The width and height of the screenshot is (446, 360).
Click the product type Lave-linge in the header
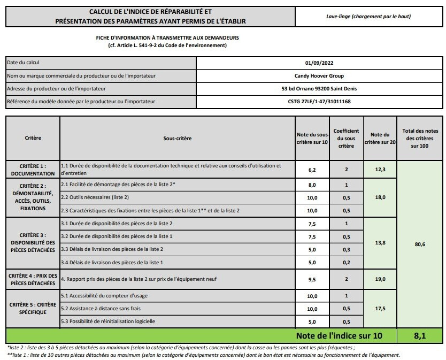(368, 16)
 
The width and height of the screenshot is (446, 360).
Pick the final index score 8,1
(420, 336)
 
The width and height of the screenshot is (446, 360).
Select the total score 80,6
(420, 244)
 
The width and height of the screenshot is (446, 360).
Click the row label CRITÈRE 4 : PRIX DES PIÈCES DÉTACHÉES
(33, 279)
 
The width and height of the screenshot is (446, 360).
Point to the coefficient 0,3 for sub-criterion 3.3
(346, 249)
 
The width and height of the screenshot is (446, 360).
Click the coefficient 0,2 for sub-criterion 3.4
(346, 262)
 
